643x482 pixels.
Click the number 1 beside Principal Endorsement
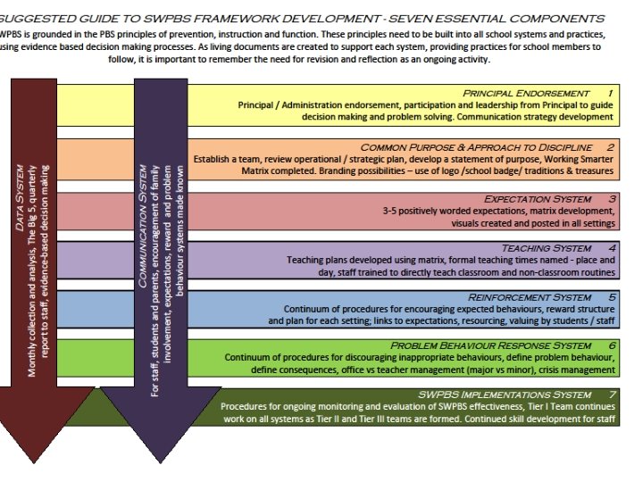pos(610,93)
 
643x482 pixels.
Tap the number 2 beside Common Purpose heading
pos(610,146)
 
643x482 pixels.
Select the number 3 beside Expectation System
pos(610,198)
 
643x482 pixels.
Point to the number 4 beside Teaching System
pos(611,247)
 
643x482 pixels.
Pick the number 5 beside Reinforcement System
pos(611,296)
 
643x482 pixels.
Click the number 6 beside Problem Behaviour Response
pos(611,345)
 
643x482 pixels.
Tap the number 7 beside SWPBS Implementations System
pos(611,394)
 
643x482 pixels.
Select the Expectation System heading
pos(537,198)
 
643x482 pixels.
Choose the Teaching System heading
pos(546,247)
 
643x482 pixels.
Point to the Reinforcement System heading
pos(529,296)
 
